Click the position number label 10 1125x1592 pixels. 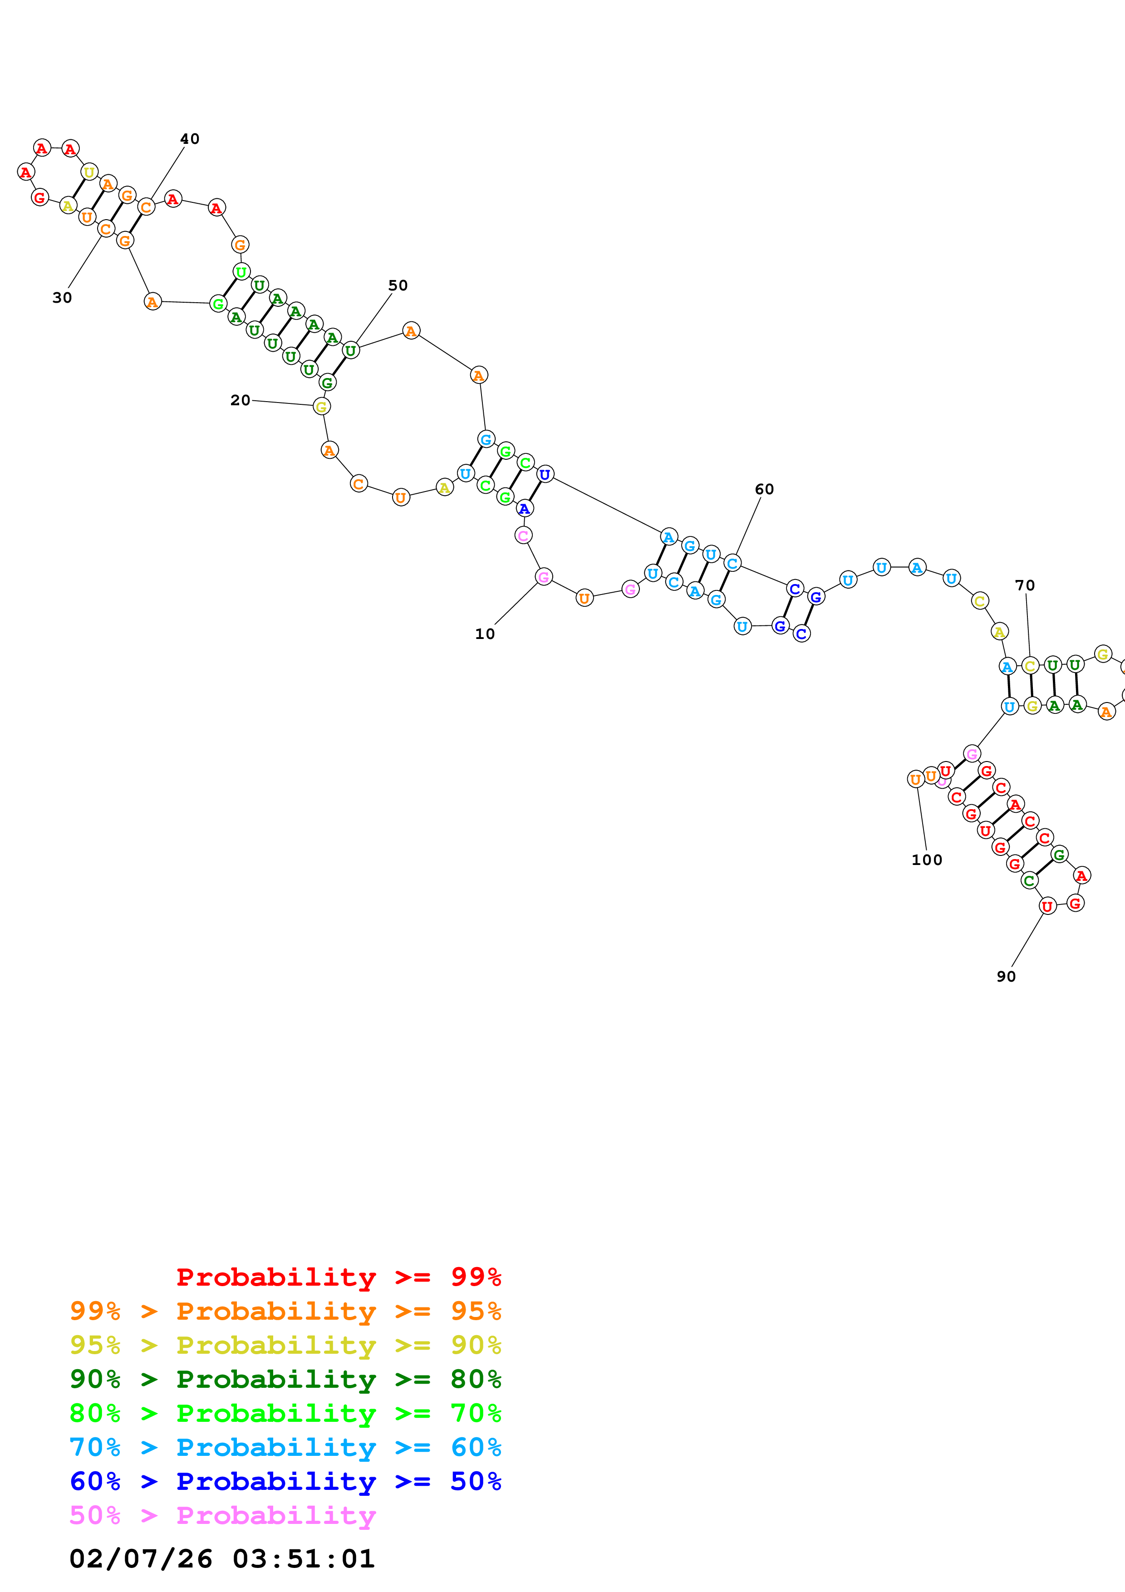485,634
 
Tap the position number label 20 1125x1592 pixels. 240,400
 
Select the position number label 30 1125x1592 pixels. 62,297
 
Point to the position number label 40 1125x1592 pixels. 189,139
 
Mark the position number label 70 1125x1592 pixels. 1025,585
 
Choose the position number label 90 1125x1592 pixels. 1006,976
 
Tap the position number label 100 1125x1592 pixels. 927,860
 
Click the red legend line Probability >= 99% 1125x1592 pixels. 338,1277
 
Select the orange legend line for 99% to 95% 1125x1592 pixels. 285,1311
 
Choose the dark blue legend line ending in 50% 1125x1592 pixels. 285,1481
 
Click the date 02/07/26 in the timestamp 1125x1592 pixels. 141,1559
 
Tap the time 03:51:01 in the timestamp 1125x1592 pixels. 304,1559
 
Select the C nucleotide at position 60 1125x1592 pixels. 732,563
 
